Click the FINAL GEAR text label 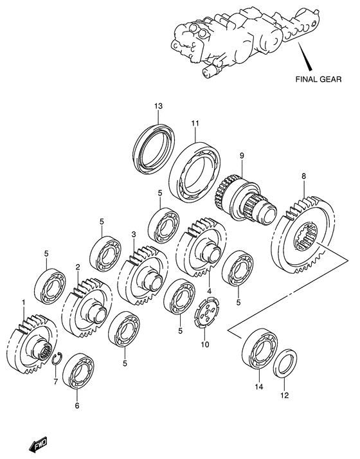coord(318,78)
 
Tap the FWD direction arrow coord(38,446)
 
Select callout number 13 coord(158,105)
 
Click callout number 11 coord(195,123)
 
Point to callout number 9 coord(242,156)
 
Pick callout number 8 coord(303,176)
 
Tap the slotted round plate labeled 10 coord(207,312)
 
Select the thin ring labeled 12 coord(285,363)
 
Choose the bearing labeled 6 coord(78,371)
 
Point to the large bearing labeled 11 coord(194,173)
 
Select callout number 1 coord(23,301)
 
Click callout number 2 coord(78,267)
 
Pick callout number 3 coord(134,234)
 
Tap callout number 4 coord(209,291)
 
